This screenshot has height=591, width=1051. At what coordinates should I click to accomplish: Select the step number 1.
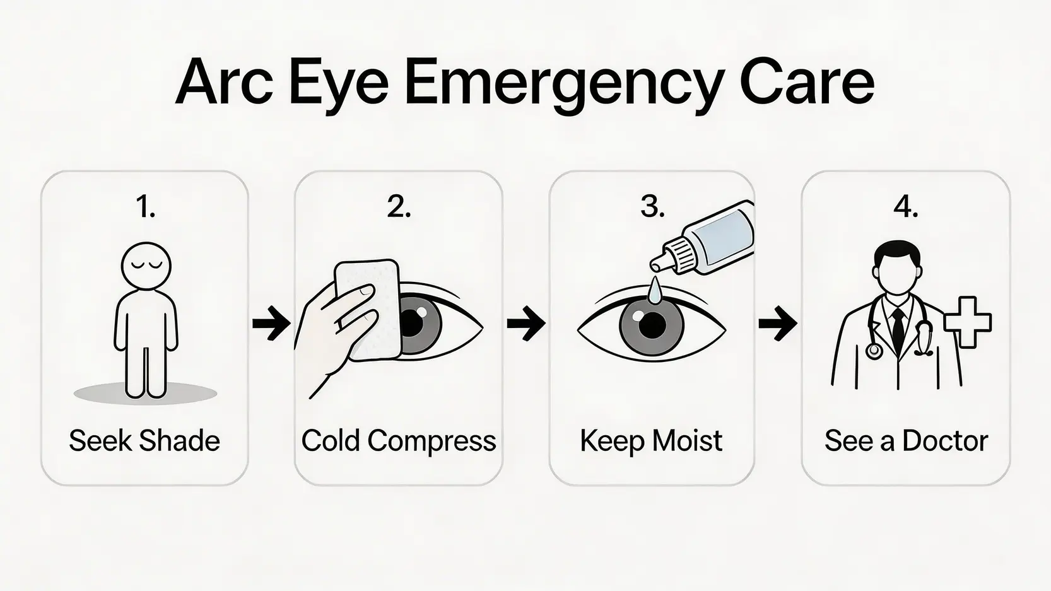coord(145,206)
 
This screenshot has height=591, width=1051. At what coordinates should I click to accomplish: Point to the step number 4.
coord(905,206)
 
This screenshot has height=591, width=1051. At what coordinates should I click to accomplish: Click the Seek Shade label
coord(144,441)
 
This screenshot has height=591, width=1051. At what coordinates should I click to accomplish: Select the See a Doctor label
coord(906,441)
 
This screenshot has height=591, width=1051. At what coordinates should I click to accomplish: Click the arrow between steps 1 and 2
coord(271,323)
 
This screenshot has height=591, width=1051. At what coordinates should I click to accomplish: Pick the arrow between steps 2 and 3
coord(525,323)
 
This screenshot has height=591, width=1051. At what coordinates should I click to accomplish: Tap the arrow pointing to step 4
coord(777,323)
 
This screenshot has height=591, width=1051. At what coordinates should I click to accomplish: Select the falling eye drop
coord(653,290)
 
